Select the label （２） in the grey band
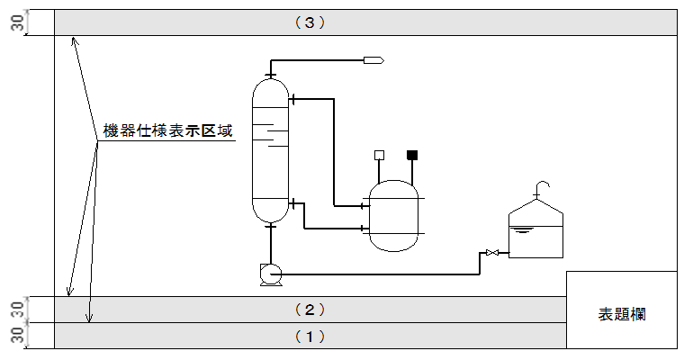(x=310, y=310)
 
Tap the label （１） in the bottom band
(x=310, y=336)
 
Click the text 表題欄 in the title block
(x=622, y=314)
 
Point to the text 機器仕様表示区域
(x=168, y=131)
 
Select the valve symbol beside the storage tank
(x=491, y=253)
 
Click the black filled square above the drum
(x=413, y=155)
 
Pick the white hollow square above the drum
(x=380, y=155)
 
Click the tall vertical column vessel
(x=270, y=153)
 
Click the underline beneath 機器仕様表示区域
(x=168, y=141)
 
